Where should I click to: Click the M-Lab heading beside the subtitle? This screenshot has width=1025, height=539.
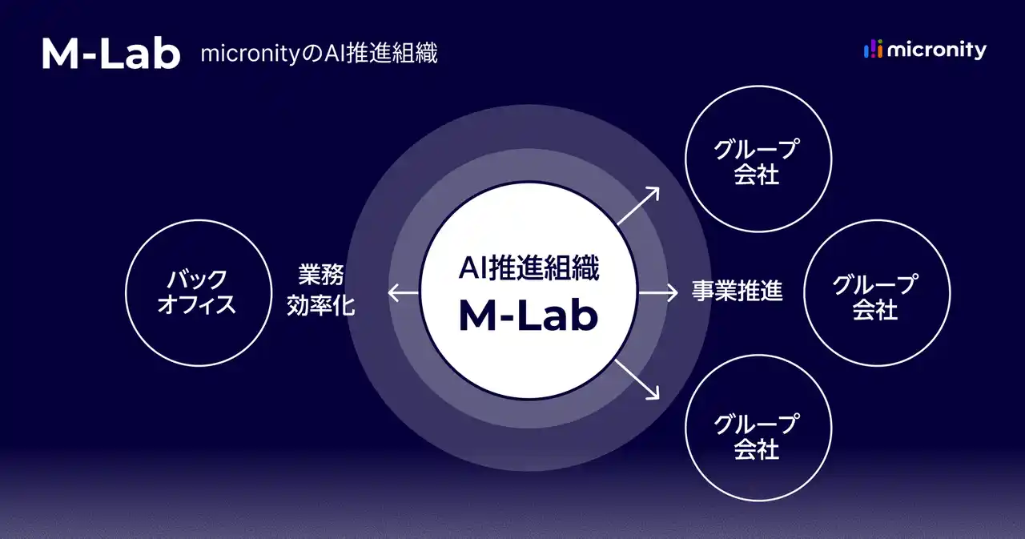coord(111,53)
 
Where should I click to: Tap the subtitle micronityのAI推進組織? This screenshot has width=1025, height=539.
coord(319,54)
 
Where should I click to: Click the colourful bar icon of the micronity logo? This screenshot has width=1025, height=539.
coord(873,50)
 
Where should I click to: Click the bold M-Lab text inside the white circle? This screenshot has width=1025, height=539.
coord(528,316)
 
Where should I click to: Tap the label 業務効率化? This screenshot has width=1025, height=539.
coord(320,292)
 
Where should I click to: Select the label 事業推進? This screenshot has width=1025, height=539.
coord(737,292)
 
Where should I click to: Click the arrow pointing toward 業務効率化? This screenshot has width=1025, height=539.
coord(404,293)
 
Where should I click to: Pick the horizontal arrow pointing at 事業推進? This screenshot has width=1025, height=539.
coord(658,292)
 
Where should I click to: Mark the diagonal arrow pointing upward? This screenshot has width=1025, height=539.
coord(638,206)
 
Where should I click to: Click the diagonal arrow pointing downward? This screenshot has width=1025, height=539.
coord(638,380)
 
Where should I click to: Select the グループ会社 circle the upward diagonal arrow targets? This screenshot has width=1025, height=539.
coord(758,159)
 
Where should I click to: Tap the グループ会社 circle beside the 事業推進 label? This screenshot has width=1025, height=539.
coord(876,293)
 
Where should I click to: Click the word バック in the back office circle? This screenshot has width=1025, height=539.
coord(197,280)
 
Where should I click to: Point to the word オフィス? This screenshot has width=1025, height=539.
coord(197,306)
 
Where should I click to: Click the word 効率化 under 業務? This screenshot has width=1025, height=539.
coord(320,306)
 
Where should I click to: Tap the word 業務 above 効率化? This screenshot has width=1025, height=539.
coord(320,277)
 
